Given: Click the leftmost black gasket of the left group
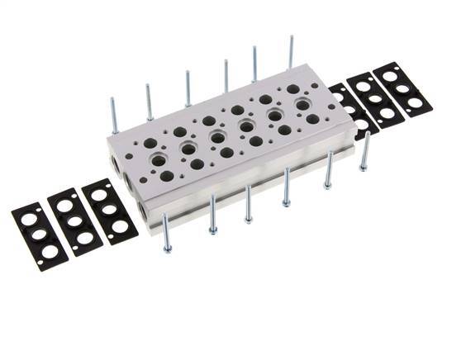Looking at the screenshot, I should tap(37, 233).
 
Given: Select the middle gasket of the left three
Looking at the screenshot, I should tap(75, 220).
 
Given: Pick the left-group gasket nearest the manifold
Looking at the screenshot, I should tap(110, 210).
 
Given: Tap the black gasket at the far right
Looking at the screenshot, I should tap(402, 88).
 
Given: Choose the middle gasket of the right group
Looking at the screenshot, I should tap(375, 99).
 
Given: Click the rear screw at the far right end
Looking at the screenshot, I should tap(291, 52).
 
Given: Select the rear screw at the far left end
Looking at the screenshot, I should tap(114, 115).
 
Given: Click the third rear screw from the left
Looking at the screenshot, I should tap(188, 88).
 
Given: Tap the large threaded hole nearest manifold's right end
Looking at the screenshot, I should tap(302, 105).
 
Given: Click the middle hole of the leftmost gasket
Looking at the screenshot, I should tap(37, 234).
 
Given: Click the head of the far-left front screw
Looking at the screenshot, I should tap(167, 248).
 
